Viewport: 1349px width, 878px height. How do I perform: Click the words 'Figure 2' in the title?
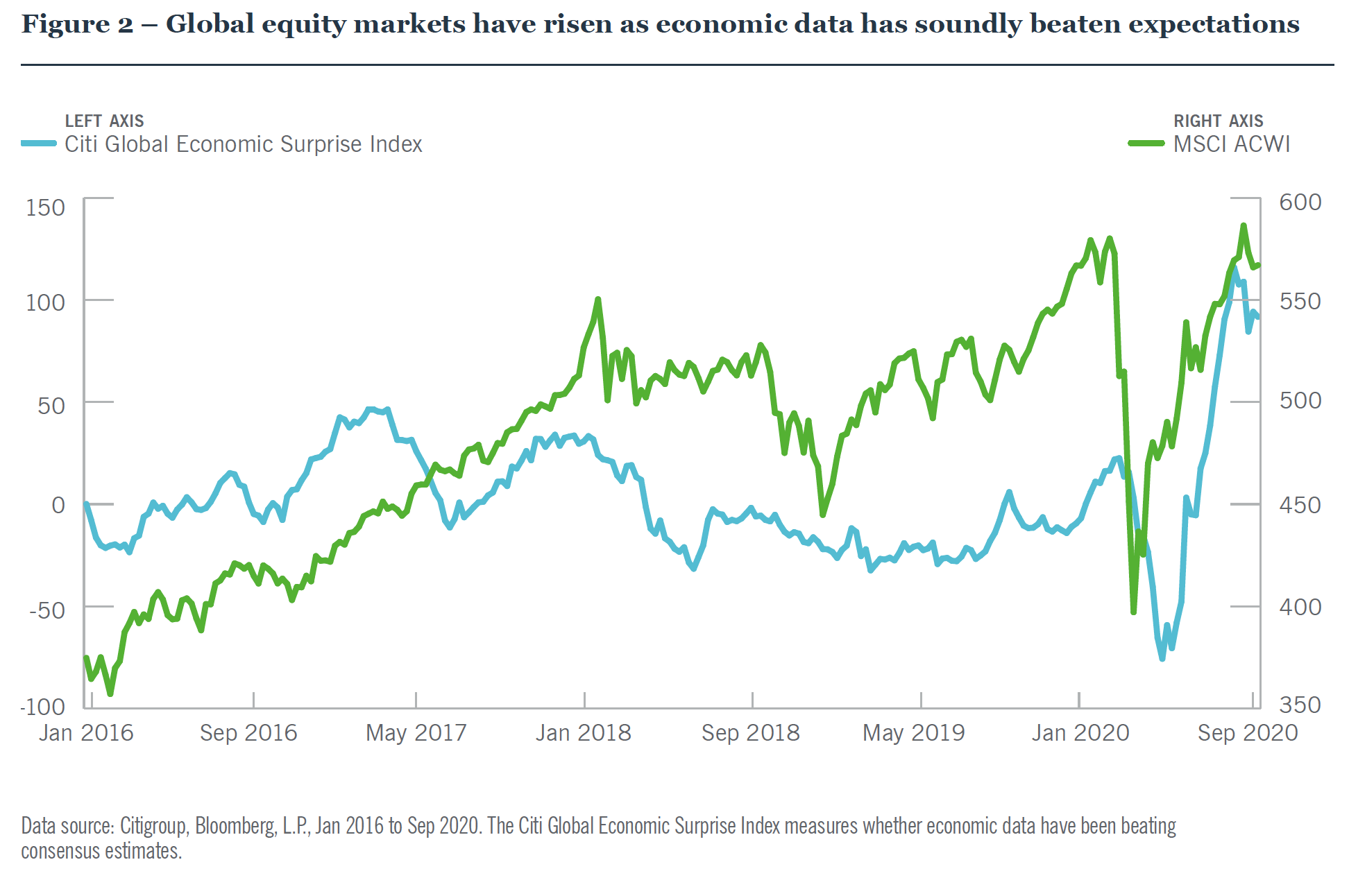(77, 24)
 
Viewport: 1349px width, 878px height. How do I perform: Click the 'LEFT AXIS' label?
(104, 121)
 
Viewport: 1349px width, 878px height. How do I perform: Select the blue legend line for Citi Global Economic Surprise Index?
(39, 144)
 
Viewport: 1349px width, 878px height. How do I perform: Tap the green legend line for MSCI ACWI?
(1146, 144)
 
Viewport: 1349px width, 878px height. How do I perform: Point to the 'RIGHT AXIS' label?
(1218, 121)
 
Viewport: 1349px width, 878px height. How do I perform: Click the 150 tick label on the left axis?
(45, 207)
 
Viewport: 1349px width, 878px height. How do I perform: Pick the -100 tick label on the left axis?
(43, 706)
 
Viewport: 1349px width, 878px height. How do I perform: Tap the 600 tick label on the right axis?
(1300, 202)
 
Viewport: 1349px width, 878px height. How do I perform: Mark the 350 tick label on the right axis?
(1300, 705)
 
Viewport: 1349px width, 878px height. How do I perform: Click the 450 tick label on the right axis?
(1300, 505)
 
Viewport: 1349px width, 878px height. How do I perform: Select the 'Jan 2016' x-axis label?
(86, 732)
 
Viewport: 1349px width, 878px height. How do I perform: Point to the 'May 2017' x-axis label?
(416, 732)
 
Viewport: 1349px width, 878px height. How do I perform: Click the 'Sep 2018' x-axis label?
(750, 732)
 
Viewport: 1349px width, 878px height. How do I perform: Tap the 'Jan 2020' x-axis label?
(1080, 732)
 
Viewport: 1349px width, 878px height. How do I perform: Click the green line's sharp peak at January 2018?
(597, 300)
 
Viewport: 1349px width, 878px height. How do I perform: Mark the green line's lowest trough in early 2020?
(1133, 612)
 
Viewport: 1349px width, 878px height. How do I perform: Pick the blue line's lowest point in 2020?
(1162, 658)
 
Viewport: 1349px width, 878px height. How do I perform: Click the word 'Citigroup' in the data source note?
(153, 826)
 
